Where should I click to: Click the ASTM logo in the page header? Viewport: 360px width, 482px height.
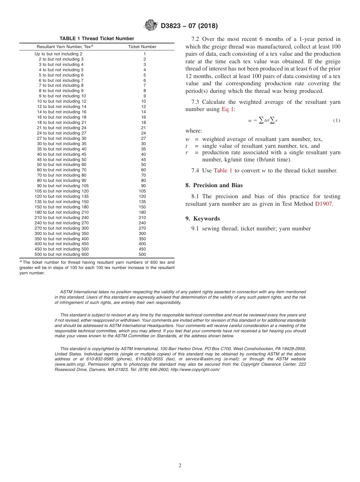(151, 25)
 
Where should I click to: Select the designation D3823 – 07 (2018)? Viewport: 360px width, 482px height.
(189, 26)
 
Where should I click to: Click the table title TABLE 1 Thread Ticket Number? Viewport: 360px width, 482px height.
(97, 39)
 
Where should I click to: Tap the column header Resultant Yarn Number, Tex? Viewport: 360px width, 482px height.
(64, 47)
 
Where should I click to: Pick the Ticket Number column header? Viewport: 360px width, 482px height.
(142, 47)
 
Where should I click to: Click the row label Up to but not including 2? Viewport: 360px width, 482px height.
(58, 54)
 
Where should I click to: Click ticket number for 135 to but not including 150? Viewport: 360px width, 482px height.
(142, 202)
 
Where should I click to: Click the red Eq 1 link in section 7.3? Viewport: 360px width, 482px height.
(227, 109)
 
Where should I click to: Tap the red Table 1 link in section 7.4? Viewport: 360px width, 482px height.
(223, 171)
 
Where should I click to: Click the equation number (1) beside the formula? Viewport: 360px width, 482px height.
(337, 121)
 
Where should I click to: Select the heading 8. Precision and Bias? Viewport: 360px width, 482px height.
(214, 185)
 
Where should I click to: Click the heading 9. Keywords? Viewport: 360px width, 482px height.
(202, 219)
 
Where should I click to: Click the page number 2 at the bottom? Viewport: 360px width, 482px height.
(180, 466)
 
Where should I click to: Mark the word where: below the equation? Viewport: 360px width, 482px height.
(194, 131)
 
